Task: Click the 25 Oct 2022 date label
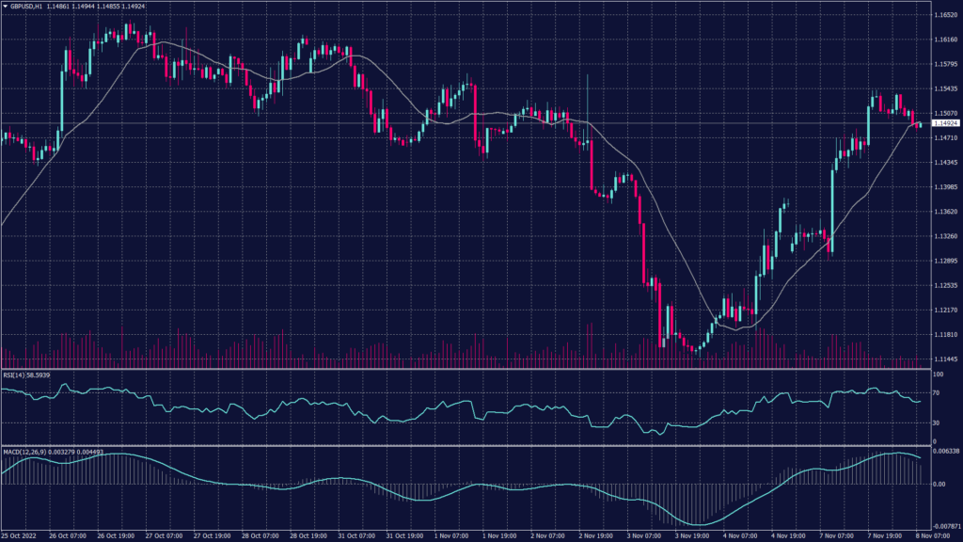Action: click(20, 535)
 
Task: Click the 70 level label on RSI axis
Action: click(935, 393)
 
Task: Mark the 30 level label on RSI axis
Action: click(935, 422)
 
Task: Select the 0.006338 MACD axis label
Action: click(943, 452)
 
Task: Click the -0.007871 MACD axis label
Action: click(943, 526)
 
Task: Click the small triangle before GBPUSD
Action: click(5, 6)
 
